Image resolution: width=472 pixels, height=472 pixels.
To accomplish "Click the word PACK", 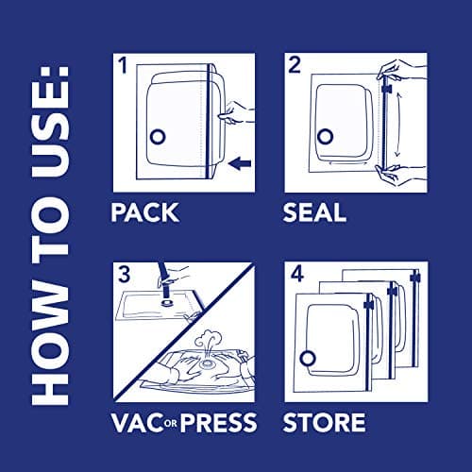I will (x=144, y=211).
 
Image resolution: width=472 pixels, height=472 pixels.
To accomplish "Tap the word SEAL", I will (x=315, y=211).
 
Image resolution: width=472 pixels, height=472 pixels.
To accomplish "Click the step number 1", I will (x=121, y=66).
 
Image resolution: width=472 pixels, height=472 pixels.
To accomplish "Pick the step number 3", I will (x=122, y=273).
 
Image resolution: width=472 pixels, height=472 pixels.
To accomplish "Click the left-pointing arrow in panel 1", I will (x=242, y=165).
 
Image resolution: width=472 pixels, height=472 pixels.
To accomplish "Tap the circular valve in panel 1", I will (x=157, y=136).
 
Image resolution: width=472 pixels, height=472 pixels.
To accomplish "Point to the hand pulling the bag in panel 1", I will (x=230, y=115).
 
